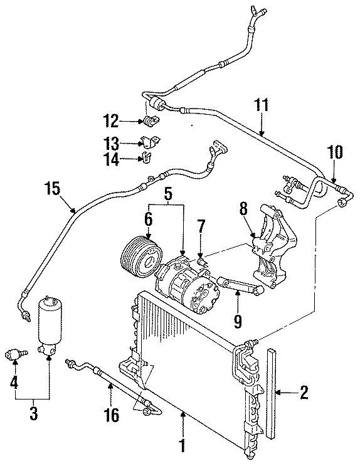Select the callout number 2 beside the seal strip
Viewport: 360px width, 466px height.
[304, 394]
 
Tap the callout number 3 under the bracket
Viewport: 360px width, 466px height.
[33, 413]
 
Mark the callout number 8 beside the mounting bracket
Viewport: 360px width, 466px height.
[243, 208]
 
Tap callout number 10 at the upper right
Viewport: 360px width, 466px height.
[335, 152]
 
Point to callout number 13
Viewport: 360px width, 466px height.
[111, 144]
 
